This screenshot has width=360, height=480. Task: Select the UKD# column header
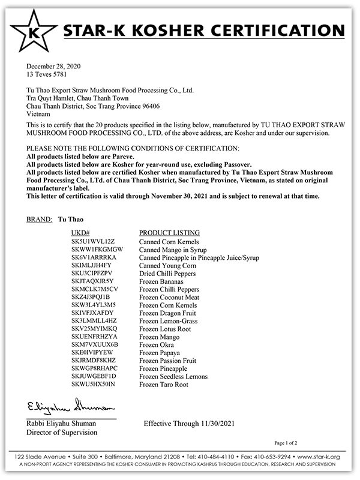(x=80, y=232)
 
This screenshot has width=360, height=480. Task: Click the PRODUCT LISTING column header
(x=170, y=232)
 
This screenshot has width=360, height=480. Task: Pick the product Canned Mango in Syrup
(x=173, y=249)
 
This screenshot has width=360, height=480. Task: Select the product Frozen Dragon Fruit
(x=167, y=313)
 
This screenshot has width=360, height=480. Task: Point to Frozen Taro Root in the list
(x=163, y=384)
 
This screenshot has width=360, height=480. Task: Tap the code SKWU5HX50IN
(x=93, y=384)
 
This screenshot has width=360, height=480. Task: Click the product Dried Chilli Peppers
(x=168, y=273)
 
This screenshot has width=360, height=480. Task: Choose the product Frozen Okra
(x=155, y=344)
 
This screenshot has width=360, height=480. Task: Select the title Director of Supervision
(x=62, y=432)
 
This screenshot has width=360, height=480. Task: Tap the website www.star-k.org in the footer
(x=322, y=457)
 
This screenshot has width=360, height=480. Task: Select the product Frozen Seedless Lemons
(x=173, y=376)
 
